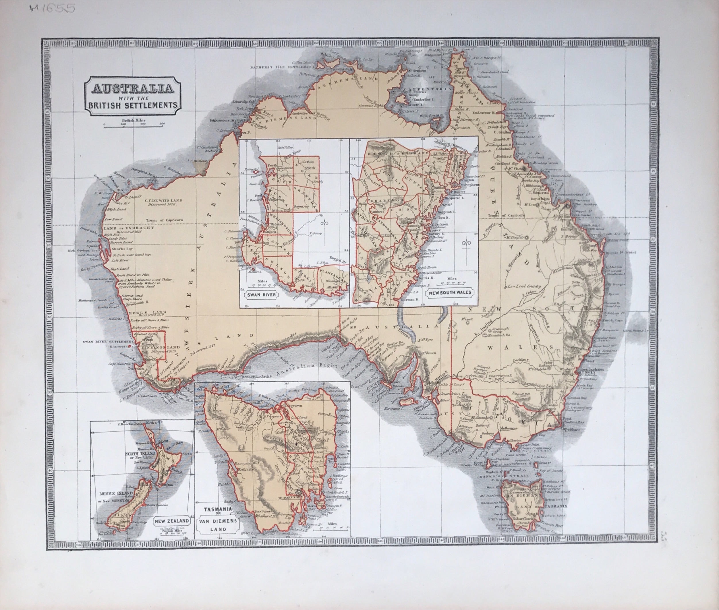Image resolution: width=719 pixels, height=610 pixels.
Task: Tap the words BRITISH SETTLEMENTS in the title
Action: (x=132, y=105)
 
